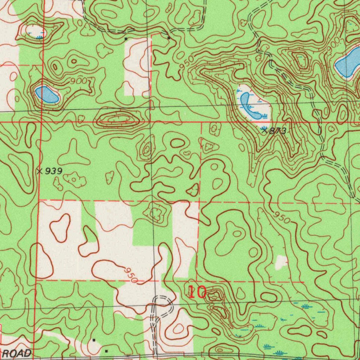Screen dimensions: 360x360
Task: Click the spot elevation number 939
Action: pyautogui.click(x=54, y=171)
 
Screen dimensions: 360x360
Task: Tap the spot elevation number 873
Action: pyautogui.click(x=278, y=131)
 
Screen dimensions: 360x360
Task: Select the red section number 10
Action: pyautogui.click(x=197, y=292)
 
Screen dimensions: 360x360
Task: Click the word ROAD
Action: pyautogui.click(x=16, y=353)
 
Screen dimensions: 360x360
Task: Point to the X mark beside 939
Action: pyautogui.click(x=40, y=171)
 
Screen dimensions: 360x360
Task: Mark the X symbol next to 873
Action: pyautogui.click(x=264, y=130)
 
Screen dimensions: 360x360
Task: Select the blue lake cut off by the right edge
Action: pyautogui.click(x=349, y=63)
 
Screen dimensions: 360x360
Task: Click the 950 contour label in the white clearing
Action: pyautogui.click(x=130, y=275)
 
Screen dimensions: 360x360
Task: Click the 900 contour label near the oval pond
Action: pyautogui.click(x=78, y=81)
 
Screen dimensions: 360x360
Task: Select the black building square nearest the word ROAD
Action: pyautogui.click(x=107, y=351)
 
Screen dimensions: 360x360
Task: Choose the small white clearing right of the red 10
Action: pyautogui.click(x=281, y=262)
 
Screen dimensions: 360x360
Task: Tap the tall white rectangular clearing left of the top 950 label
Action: pyautogui.click(x=137, y=67)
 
